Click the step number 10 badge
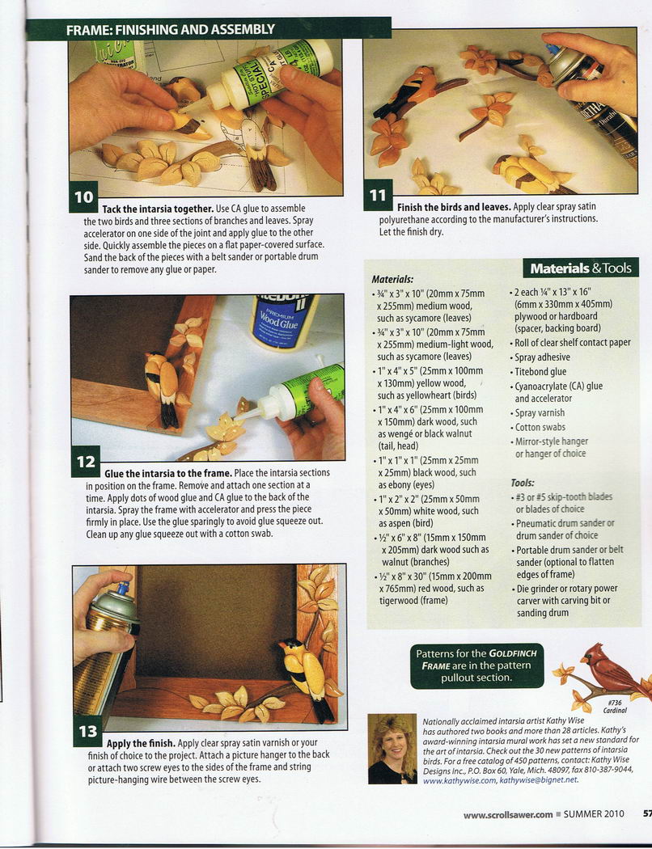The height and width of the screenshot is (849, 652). tap(83, 196)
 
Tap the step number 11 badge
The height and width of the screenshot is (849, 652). tap(378, 196)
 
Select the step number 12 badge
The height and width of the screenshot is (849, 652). tap(86, 462)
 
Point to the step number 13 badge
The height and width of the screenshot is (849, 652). tap(87, 731)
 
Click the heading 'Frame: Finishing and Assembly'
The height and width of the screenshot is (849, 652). tap(170, 29)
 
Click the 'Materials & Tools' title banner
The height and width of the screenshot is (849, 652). tap(581, 268)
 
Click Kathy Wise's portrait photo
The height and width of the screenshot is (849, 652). tap(392, 748)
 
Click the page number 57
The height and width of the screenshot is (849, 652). tap(646, 813)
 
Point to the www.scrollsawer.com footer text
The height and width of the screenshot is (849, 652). tap(508, 813)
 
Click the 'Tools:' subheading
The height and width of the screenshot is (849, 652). tap(523, 483)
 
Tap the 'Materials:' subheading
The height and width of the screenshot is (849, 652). tap(392, 280)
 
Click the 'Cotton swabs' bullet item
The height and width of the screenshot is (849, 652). tap(540, 427)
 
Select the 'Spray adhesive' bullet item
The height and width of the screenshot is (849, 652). tap(541, 357)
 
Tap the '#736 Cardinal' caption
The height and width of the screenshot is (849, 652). tap(615, 706)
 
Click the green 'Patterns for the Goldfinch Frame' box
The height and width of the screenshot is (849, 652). tap(477, 665)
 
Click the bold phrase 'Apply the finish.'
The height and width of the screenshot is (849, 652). tap(141, 743)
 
